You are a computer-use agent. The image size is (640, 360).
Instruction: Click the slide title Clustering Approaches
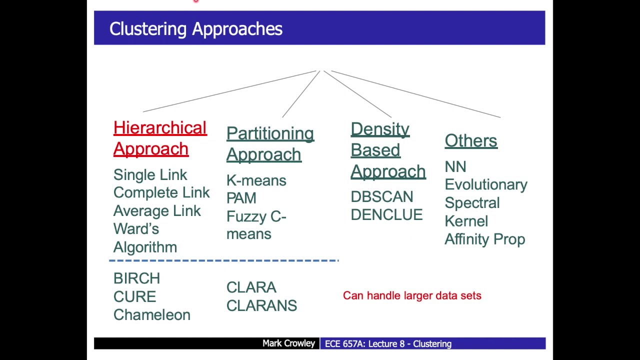195,28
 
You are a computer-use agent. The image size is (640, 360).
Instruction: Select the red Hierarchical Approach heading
159,138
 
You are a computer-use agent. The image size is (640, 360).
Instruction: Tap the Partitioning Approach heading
270,144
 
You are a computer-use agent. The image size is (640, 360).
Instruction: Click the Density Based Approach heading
387,150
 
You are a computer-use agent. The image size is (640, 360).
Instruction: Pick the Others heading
470,140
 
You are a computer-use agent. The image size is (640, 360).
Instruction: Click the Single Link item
150,174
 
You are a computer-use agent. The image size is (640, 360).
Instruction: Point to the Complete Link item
161,192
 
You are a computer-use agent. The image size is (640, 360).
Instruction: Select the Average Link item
157,211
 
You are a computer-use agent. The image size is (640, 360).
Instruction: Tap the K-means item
256,180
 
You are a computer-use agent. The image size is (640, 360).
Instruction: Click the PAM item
241,198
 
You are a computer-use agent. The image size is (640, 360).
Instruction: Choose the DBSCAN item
381,196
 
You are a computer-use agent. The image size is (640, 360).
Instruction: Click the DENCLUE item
386,215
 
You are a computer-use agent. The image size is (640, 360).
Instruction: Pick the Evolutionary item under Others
485,184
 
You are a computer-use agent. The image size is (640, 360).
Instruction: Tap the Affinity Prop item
484,239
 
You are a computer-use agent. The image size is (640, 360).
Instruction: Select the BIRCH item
136,278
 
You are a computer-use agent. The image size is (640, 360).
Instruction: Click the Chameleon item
151,315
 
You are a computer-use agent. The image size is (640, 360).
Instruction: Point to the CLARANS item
261,305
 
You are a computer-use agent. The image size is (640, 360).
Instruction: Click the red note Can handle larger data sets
412,295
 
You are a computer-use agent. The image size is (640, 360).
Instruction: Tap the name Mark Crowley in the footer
288,343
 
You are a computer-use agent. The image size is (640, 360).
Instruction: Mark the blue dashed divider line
223,260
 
